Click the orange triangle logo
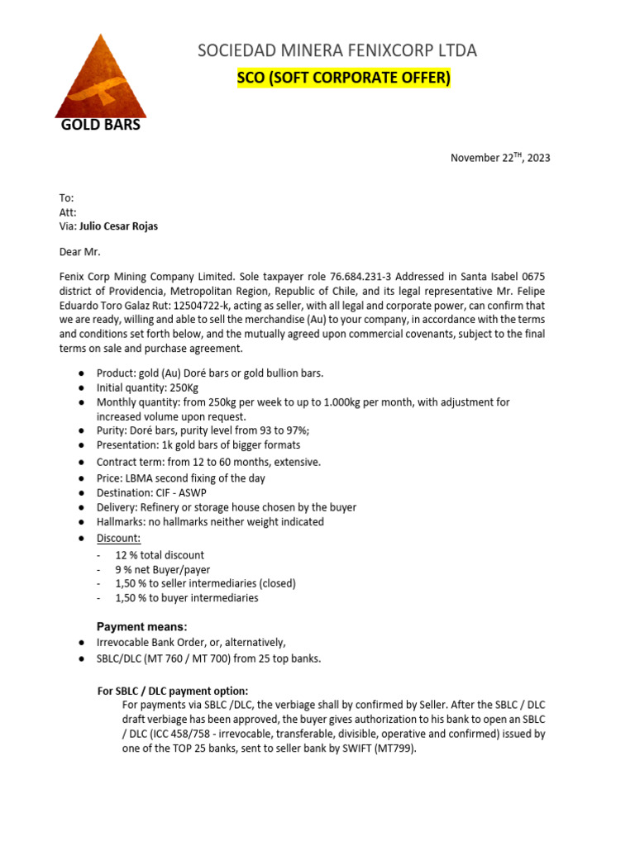[101, 83]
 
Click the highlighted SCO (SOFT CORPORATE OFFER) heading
[344, 78]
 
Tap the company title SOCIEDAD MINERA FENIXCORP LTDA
[337, 51]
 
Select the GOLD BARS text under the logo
[101, 126]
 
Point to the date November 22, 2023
[499, 158]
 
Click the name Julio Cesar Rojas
[118, 226]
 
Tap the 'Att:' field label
[68, 212]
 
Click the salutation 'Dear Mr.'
[79, 251]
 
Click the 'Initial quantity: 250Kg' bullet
[147, 387]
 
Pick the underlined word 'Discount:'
[118, 538]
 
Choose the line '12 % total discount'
[160, 555]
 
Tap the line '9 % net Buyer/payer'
[163, 569]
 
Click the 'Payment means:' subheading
[142, 627]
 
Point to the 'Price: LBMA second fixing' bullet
[180, 478]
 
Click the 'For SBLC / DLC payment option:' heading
[173, 691]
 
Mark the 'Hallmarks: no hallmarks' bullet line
[210, 521]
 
